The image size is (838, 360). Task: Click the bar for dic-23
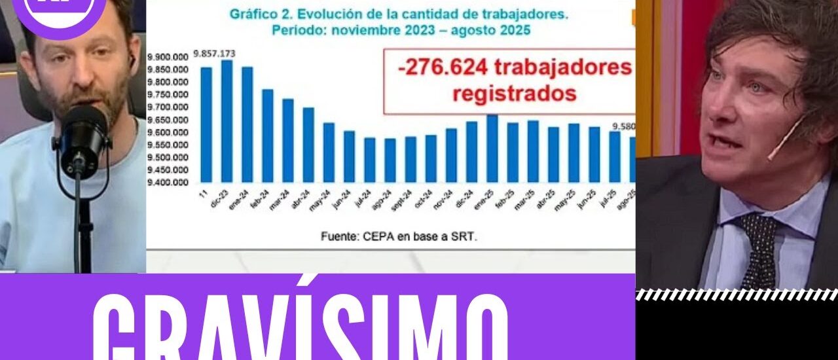click(x=227, y=121)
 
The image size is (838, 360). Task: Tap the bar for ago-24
click(x=390, y=160)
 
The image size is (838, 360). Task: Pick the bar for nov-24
click(x=452, y=155)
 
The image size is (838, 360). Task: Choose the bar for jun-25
click(x=594, y=154)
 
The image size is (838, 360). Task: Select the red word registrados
click(x=515, y=93)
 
